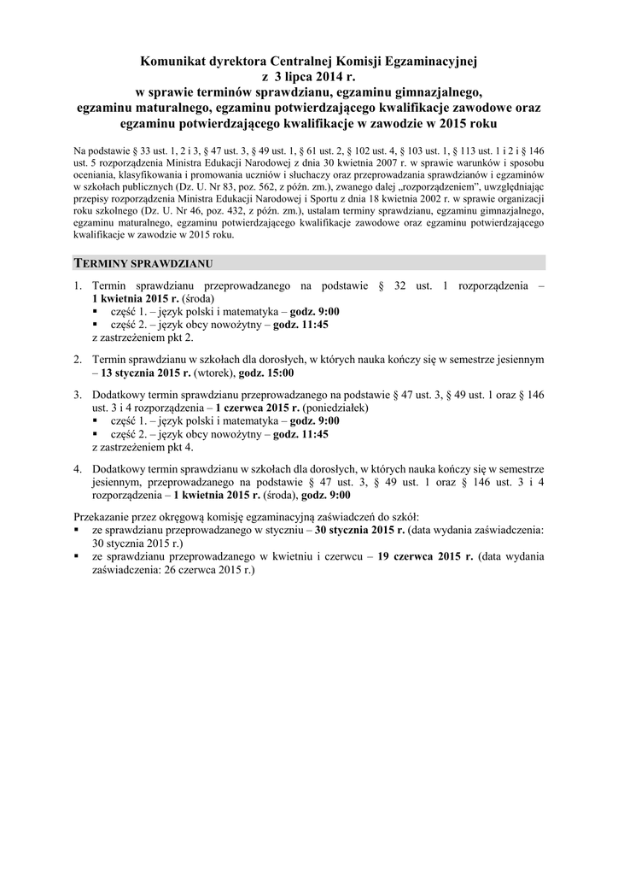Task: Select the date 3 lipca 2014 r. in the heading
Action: click(x=315, y=78)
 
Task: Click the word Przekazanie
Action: click(x=104, y=517)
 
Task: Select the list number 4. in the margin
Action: click(x=78, y=469)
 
